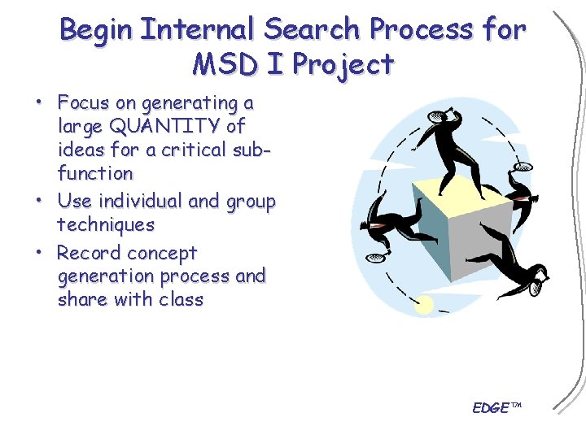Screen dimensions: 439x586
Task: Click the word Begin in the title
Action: click(x=97, y=30)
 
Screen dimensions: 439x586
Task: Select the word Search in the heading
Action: click(x=312, y=30)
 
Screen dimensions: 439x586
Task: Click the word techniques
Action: click(x=106, y=224)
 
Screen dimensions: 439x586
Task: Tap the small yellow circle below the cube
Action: click(x=424, y=305)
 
